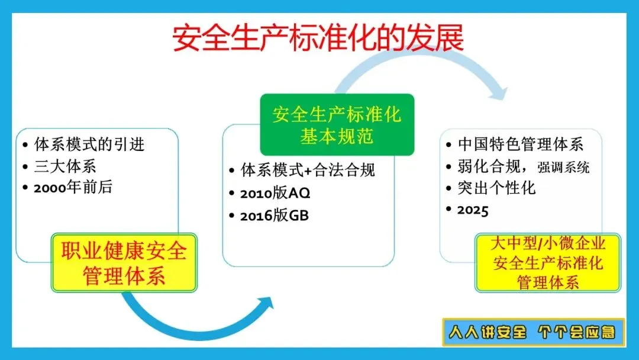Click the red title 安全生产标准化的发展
318,38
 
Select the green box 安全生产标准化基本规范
337,125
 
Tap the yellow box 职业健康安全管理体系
124,263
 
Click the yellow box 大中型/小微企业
548,263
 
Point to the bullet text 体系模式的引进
89,144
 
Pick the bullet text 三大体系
65,166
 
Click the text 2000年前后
73,188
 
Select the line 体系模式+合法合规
308,170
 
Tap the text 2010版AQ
275,193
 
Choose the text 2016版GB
275,216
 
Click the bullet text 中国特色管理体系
521,144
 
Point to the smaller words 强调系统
563,167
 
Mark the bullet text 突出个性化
496,188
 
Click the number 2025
473,210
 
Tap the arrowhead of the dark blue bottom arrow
265,305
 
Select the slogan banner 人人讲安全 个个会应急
534,332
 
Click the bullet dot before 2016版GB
231,216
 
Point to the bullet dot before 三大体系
25,166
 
